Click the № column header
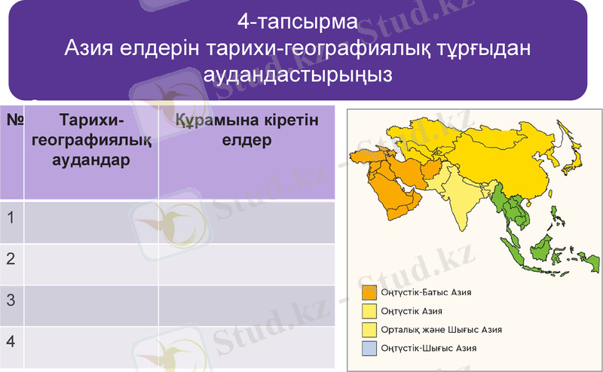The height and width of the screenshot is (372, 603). pos(13,120)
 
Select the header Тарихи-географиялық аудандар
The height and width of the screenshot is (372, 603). pos(91,139)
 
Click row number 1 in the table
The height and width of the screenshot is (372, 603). pos(11,218)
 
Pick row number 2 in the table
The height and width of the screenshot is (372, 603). pos(11,259)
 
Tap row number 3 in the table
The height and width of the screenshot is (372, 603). pos(11,300)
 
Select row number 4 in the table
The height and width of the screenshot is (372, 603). pos(11,340)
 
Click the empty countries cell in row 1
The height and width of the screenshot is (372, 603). pos(246,222)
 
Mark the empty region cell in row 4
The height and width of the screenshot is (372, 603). pos(91,346)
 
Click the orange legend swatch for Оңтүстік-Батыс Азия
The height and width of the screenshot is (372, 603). pos(369,291)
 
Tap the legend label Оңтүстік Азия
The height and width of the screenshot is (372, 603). pos(412,310)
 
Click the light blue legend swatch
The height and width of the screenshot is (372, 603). pos(369,348)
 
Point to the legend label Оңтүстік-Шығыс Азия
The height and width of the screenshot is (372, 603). pos(428,348)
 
